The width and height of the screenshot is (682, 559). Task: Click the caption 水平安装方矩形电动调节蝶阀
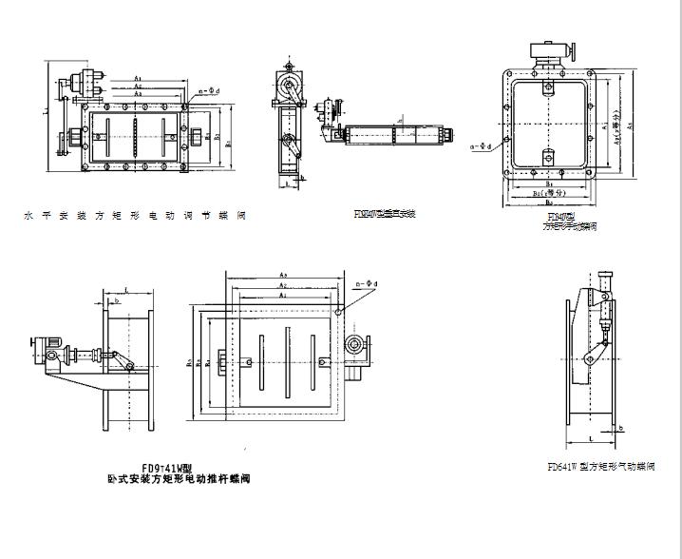pyautogui.click(x=136, y=216)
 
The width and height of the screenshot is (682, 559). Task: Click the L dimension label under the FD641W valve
pyautogui.click(x=592, y=438)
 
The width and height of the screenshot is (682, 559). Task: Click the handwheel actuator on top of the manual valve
pyautogui.click(x=550, y=52)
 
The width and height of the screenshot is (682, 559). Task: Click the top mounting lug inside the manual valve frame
pyautogui.click(x=547, y=90)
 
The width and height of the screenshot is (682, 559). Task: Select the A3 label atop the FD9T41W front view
pyautogui.click(x=284, y=275)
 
